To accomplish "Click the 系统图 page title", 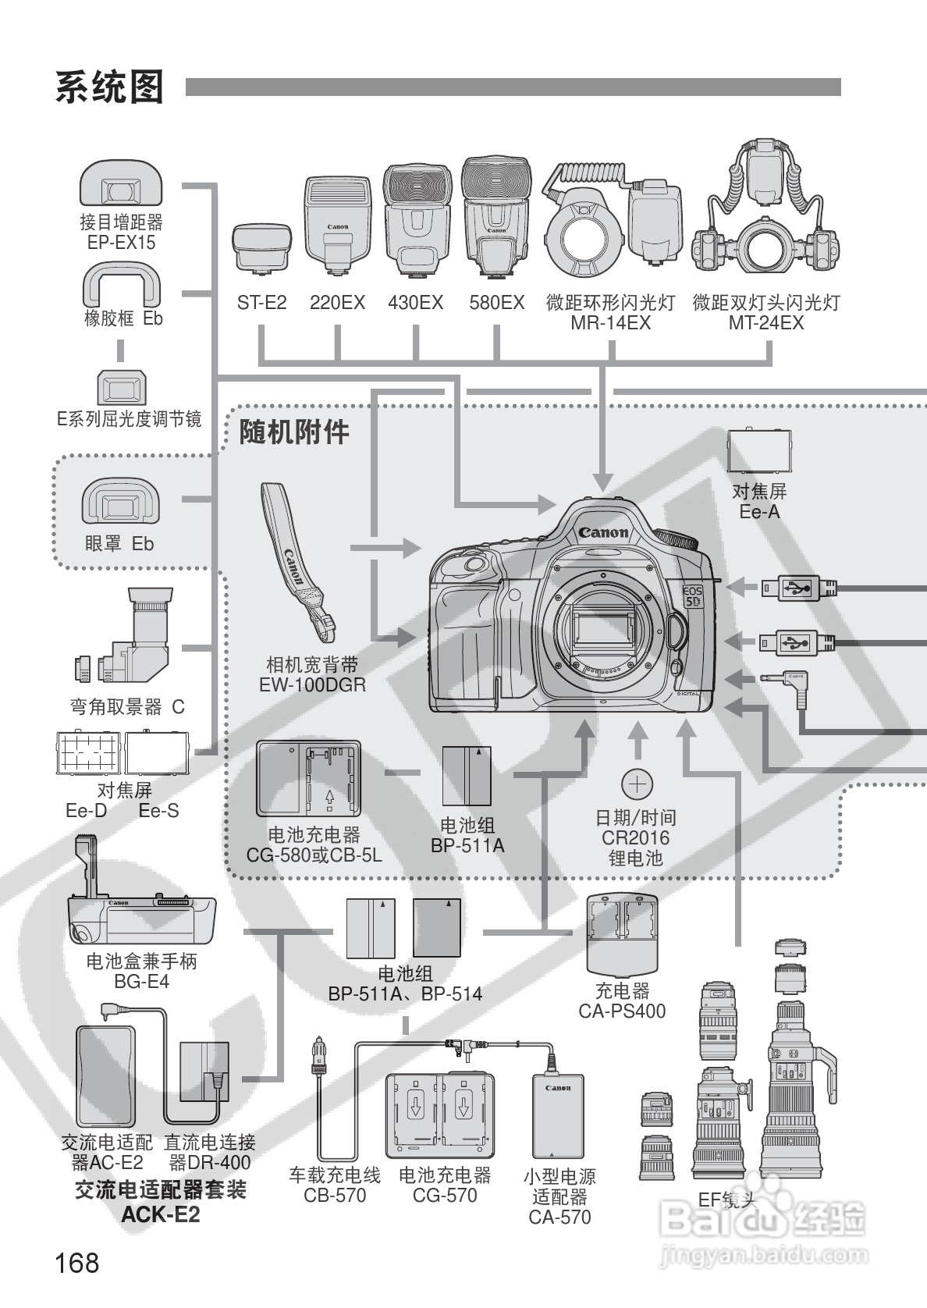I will pos(109,87).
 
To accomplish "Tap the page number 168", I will pos(77,1262).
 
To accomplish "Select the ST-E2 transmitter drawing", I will pos(261,249).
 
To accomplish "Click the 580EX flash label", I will pos(496,303).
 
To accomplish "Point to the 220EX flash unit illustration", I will pos(337,226).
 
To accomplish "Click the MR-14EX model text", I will pos(610,323).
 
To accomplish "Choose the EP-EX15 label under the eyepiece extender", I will pos(121,243).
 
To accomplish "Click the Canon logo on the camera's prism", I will pos(602,532).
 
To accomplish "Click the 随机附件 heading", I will pos(294,432).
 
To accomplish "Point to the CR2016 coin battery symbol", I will pos(637,784).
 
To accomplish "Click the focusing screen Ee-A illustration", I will pos(758,451).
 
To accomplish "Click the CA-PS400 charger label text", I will pos(622,1011).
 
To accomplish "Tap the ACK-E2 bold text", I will pos(160,1215).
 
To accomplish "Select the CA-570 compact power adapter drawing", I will pos(558,1116).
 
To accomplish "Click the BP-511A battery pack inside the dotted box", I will pos(467,776).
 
